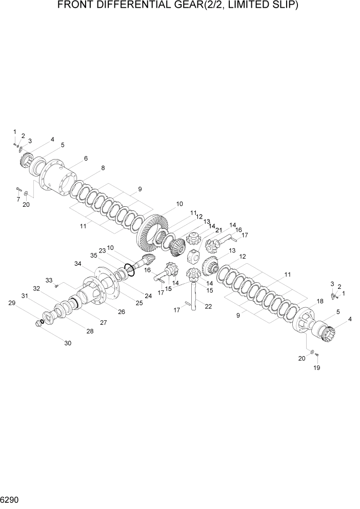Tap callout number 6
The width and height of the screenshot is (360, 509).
click(x=86, y=159)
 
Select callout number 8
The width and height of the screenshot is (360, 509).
click(x=103, y=168)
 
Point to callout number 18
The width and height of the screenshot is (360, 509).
click(x=319, y=301)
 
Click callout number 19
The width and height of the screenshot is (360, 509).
click(x=316, y=368)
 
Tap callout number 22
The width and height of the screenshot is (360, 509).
click(x=208, y=306)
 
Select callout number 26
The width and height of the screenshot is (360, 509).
click(x=122, y=311)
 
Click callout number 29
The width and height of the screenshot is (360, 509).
click(x=12, y=303)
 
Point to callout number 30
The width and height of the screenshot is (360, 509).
click(x=68, y=343)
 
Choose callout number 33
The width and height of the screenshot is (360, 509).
click(x=49, y=280)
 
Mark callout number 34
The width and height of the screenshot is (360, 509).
click(x=77, y=264)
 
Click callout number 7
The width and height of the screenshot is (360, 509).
click(x=18, y=199)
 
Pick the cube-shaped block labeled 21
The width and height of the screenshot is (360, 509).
click(x=193, y=255)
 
